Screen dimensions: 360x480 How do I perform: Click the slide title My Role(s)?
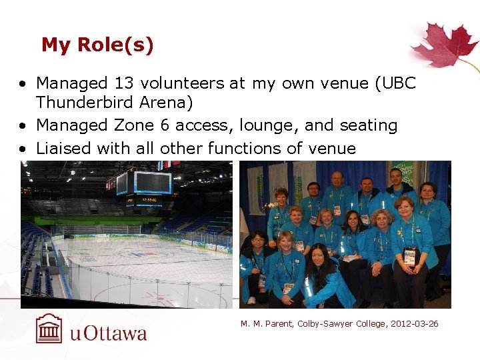pos(97,45)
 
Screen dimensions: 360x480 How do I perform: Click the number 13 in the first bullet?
pos(125,83)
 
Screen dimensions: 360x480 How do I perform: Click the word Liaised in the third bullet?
pos(63,147)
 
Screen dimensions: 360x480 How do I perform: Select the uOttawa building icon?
pos(49,329)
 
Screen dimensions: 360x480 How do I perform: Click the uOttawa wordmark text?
pos(108,333)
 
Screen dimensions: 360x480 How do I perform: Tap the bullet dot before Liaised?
pos(23,149)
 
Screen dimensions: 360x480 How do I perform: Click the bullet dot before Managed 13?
pos(23,85)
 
